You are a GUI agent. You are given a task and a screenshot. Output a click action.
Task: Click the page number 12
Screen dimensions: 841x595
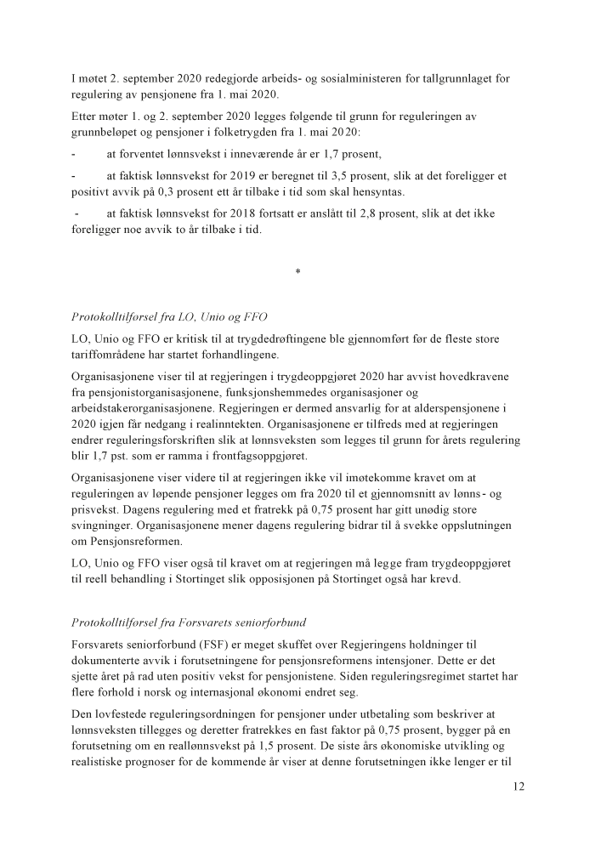pyautogui.click(x=518, y=787)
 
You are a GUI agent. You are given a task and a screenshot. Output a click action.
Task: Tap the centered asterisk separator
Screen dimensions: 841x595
pyautogui.click(x=297, y=272)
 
